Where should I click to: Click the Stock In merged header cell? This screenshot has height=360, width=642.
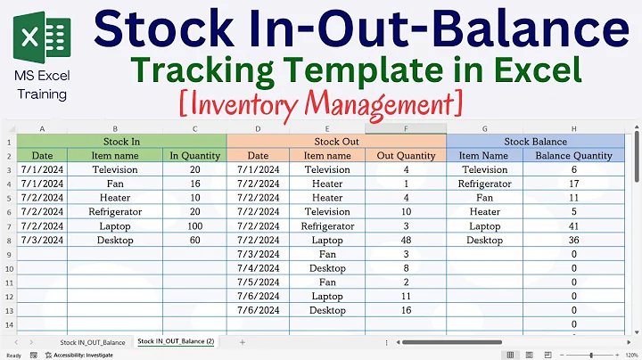click(121, 142)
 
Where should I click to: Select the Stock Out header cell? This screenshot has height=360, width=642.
click(335, 142)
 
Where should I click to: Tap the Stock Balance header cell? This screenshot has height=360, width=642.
click(535, 142)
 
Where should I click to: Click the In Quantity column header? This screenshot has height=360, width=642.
click(194, 156)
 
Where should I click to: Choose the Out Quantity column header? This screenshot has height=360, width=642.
click(406, 156)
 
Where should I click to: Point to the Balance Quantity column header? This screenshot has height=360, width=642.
click(574, 156)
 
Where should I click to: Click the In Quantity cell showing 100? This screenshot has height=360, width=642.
click(194, 226)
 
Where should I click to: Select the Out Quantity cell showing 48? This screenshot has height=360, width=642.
click(406, 241)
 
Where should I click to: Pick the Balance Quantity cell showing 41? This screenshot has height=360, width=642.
click(574, 226)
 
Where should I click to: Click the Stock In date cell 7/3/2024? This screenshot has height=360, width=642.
click(41, 241)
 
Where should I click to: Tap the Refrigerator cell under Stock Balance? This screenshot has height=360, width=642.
click(484, 184)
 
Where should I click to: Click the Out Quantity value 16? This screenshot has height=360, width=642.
click(406, 311)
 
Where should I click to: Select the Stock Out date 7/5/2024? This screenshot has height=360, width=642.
click(259, 282)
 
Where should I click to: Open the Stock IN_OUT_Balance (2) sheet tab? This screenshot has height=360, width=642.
click(175, 342)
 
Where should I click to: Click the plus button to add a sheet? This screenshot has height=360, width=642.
click(242, 342)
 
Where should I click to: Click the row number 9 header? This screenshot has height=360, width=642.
click(8, 255)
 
